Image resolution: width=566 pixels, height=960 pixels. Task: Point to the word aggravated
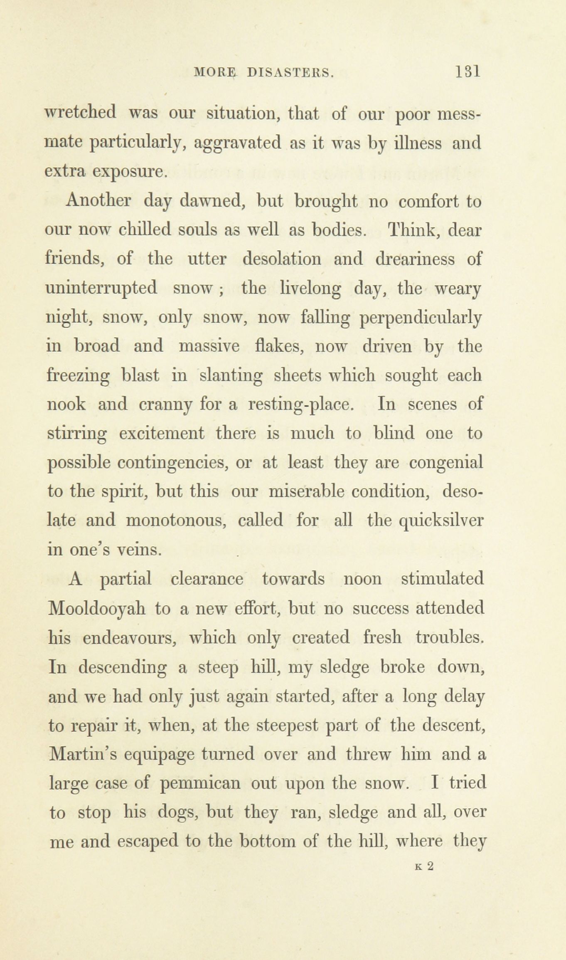pos(238,144)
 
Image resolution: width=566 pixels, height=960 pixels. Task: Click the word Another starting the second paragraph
pos(98,201)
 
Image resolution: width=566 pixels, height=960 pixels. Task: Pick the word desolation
pos(282,259)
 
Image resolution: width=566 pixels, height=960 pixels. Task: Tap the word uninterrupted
pos(101,288)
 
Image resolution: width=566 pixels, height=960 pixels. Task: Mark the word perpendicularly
pos(421,318)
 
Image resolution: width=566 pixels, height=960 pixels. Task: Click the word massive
pos(209,346)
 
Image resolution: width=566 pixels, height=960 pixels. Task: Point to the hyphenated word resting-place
pos(301,405)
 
